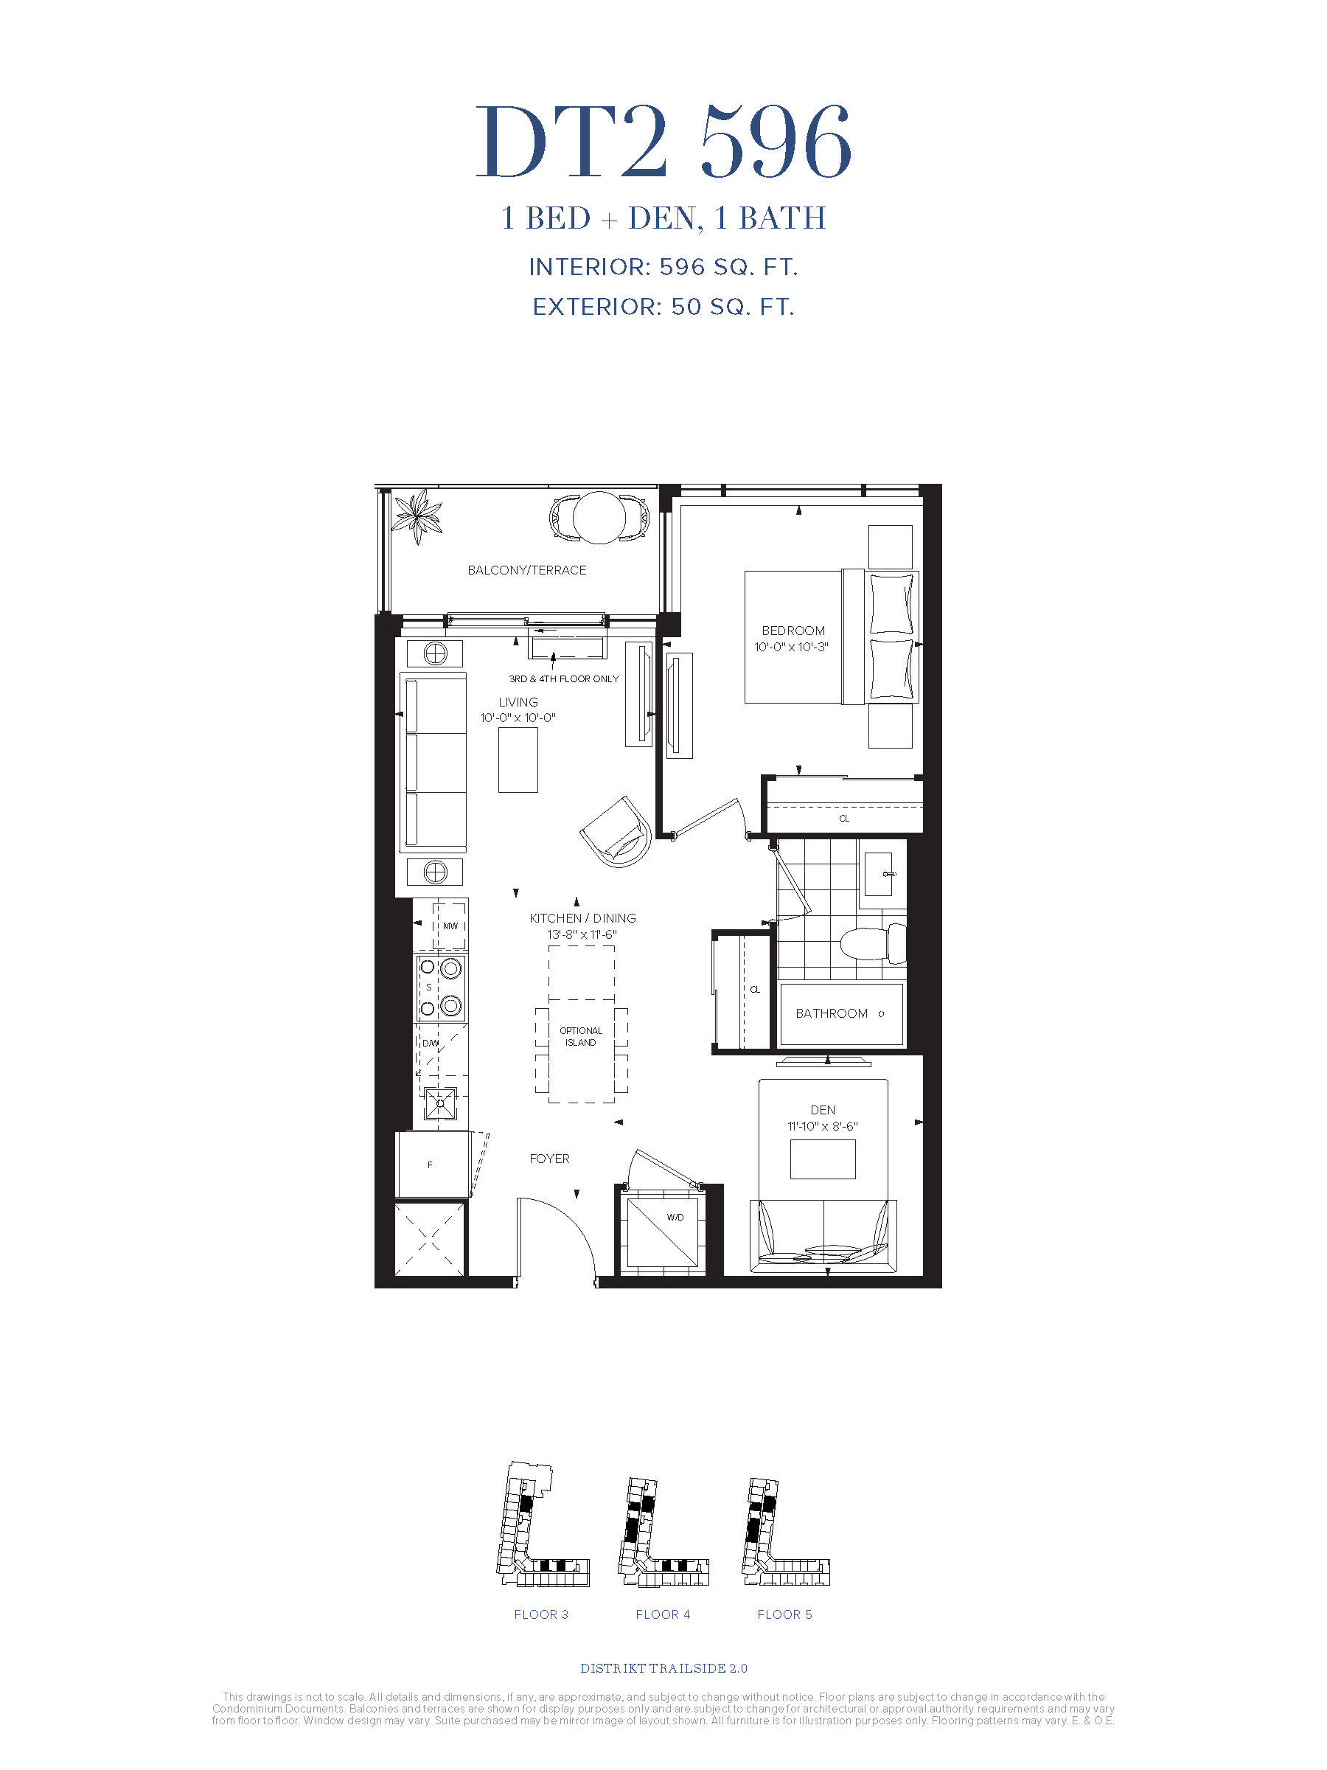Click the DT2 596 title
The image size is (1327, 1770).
(x=663, y=142)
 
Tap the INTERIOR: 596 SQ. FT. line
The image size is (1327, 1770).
(x=663, y=267)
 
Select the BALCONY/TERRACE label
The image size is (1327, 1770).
(x=527, y=570)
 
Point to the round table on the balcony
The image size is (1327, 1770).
(x=600, y=516)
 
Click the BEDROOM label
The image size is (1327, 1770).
(x=793, y=631)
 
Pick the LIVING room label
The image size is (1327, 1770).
(x=518, y=702)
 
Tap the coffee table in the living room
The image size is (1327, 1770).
(x=518, y=760)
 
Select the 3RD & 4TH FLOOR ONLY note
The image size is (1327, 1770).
(x=564, y=678)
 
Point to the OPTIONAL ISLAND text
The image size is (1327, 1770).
(x=582, y=1036)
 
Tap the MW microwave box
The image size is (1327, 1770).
(x=450, y=926)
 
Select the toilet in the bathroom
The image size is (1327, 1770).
(x=873, y=943)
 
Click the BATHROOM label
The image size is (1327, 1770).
(x=832, y=1013)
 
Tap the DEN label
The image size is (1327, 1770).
(x=823, y=1110)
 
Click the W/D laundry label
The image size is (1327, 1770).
(x=675, y=1217)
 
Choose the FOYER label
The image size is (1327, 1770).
(x=549, y=1158)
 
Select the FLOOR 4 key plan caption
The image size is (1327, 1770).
(x=663, y=1614)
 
